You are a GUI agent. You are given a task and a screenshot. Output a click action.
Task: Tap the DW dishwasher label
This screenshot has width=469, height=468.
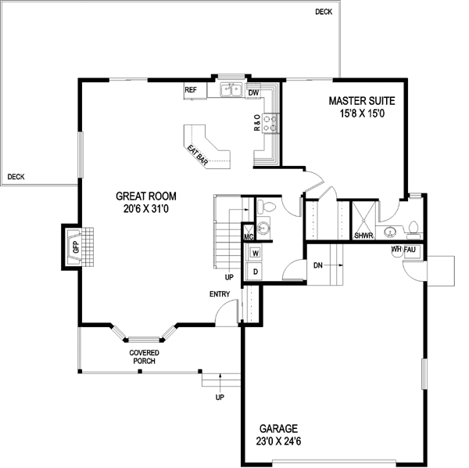[x=253, y=93]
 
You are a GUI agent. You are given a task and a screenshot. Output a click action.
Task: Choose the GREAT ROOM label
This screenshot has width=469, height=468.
[x=145, y=196]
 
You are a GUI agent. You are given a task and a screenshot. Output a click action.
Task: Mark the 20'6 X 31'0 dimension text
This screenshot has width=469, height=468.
[x=145, y=209]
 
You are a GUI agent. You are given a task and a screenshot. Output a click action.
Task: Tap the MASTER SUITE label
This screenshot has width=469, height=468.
[x=361, y=101]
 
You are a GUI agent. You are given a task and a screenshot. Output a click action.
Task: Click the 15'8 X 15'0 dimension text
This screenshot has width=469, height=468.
[x=361, y=114]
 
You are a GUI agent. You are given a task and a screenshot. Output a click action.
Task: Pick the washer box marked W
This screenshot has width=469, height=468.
[x=255, y=253]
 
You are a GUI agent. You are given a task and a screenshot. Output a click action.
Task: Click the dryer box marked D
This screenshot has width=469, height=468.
[x=255, y=271]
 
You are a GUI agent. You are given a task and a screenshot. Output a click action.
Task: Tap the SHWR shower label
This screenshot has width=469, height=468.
[x=363, y=235]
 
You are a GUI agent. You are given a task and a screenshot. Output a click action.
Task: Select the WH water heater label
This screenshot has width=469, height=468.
[x=396, y=250]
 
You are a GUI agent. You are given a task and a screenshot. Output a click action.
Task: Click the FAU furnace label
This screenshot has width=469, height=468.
[x=410, y=250]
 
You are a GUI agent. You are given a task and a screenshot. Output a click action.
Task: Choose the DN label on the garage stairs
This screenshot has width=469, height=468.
[x=319, y=265]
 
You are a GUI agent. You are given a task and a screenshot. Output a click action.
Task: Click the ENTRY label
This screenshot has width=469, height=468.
[x=220, y=294]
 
